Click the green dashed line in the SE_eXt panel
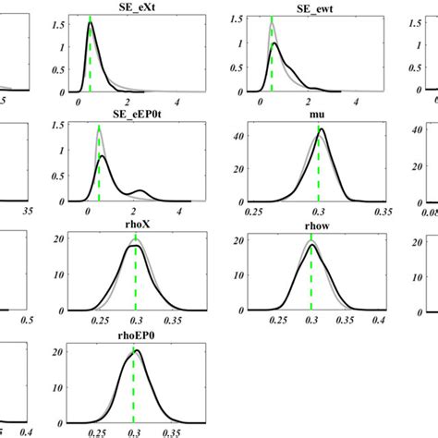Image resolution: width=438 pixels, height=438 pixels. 90,55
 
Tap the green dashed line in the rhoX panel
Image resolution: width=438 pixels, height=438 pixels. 136,277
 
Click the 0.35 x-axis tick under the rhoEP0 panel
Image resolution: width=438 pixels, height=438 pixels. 172,432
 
